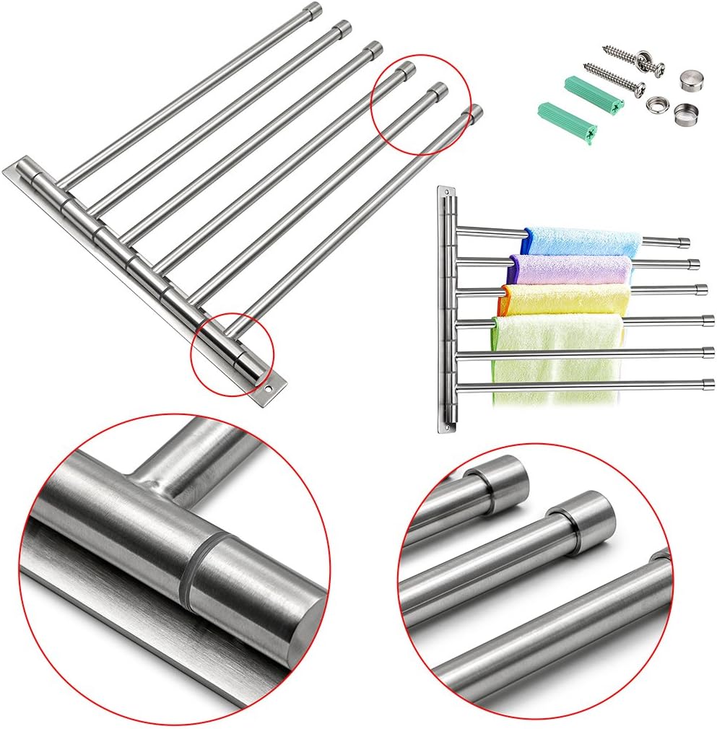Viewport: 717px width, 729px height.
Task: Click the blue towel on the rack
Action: [x=581, y=240]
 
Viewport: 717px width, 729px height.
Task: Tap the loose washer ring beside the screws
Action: [x=656, y=103]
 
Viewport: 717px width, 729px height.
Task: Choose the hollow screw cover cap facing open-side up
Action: [x=683, y=112]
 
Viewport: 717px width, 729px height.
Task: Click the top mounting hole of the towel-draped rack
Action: [x=448, y=193]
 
